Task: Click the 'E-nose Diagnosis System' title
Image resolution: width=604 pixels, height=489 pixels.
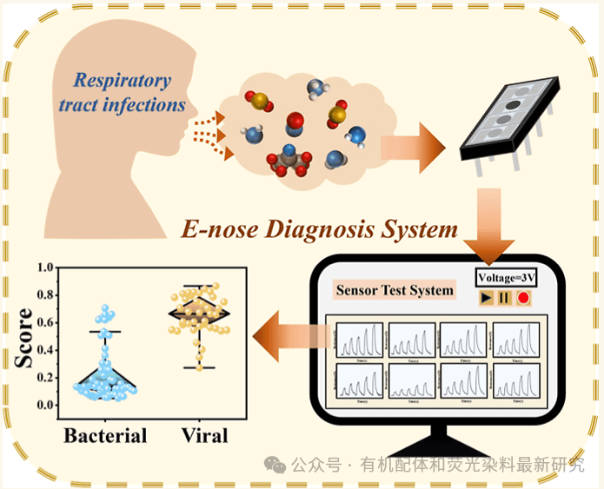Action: (319, 230)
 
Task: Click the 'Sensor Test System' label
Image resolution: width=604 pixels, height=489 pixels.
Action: (395, 290)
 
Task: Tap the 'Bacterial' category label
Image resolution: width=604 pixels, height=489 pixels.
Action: (105, 435)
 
